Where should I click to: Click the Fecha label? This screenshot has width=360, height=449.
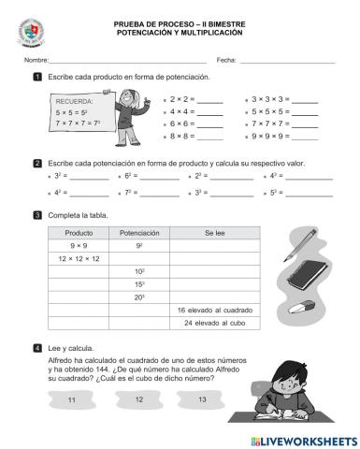pos(226,60)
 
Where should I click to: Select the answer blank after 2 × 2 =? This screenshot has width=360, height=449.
pos(210,98)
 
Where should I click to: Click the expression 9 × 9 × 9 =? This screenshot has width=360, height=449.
pos(271,136)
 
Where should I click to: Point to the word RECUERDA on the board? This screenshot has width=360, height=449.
pos(75,101)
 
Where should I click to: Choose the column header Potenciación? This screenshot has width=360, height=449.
pos(139,233)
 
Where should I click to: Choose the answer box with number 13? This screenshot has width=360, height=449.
pos(203,400)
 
